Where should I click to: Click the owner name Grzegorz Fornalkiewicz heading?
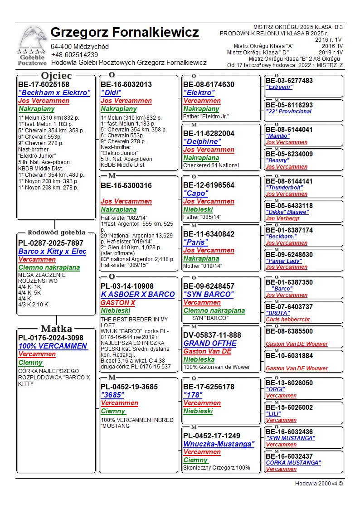(125, 33)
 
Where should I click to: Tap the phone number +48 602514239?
(74, 55)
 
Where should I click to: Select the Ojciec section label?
(56, 75)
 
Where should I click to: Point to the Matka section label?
(56, 329)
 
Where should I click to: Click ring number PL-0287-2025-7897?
(51, 243)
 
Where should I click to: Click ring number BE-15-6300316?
(126, 185)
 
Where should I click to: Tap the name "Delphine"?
(202, 141)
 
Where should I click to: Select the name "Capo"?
(196, 193)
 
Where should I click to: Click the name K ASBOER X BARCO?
(138, 294)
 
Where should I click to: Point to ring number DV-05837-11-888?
(212, 335)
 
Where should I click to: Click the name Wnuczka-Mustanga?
(219, 444)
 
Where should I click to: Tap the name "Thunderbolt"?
(284, 188)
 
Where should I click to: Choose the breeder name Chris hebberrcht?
(288, 320)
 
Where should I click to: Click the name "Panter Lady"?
(283, 261)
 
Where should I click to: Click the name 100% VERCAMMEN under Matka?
(53, 346)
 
